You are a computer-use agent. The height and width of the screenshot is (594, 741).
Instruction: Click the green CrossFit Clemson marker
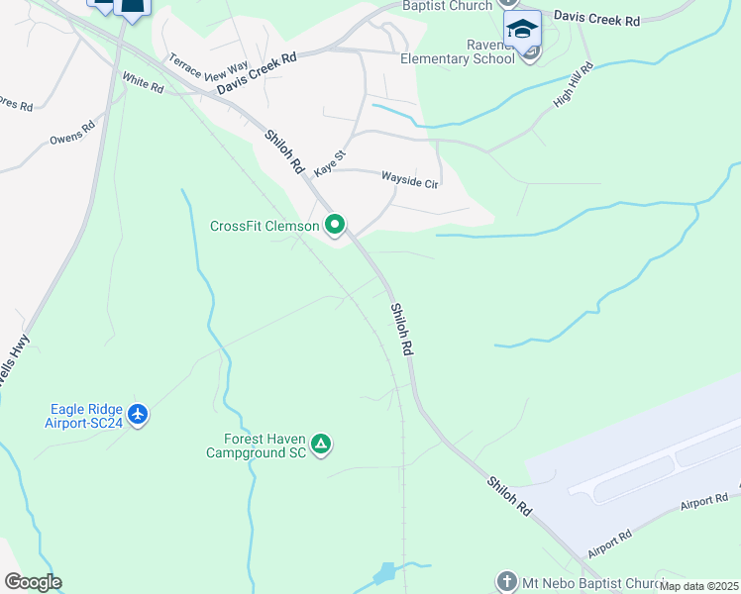tap(335, 226)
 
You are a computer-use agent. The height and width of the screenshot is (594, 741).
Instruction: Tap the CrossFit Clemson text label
tap(265, 226)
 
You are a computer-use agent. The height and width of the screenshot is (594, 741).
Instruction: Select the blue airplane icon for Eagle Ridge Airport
tap(138, 414)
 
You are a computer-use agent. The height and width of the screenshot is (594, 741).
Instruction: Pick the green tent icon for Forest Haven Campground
tap(320, 445)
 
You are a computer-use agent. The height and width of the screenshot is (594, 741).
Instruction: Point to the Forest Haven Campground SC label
tap(257, 445)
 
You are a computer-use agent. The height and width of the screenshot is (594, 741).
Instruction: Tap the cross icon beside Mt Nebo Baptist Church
tap(506, 580)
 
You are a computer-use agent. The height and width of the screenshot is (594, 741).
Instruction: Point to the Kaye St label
tap(330, 163)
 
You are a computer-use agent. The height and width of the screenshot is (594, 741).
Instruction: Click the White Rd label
tap(143, 81)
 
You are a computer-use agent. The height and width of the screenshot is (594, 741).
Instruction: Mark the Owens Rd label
tap(72, 133)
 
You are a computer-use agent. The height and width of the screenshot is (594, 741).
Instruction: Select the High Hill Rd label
tap(574, 86)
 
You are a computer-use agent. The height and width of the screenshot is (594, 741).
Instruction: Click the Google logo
tap(33, 582)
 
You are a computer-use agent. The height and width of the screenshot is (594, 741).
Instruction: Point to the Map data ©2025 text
tap(699, 586)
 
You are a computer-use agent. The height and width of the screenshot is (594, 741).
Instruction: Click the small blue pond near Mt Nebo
tap(384, 573)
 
